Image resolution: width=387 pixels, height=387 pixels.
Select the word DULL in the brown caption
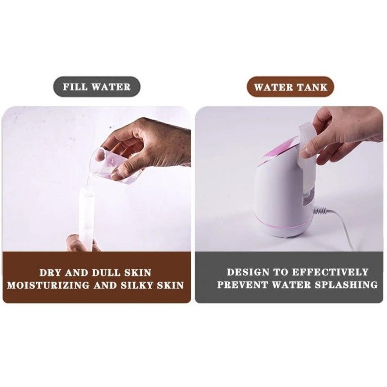click(x=107, y=273)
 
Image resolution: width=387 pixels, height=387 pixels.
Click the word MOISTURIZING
click(x=48, y=285)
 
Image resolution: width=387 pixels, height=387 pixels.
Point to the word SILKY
click(x=137, y=285)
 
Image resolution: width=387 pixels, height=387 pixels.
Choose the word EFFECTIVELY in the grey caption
click(x=330, y=272)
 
